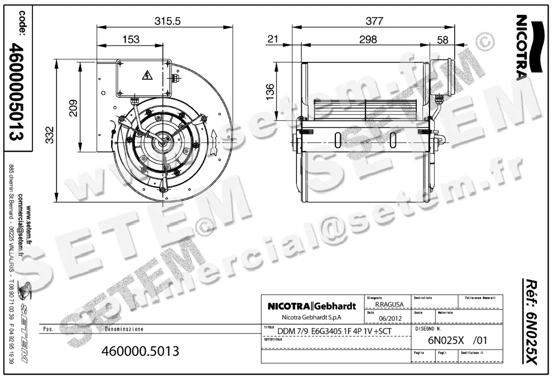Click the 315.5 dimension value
167,21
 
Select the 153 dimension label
131,40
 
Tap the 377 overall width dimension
374,21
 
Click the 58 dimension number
442,40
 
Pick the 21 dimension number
273,40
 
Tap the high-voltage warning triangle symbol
147,76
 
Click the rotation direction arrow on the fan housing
213,137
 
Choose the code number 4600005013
17,92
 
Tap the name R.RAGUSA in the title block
389,305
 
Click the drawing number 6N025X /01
457,341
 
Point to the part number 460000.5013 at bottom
140,351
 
